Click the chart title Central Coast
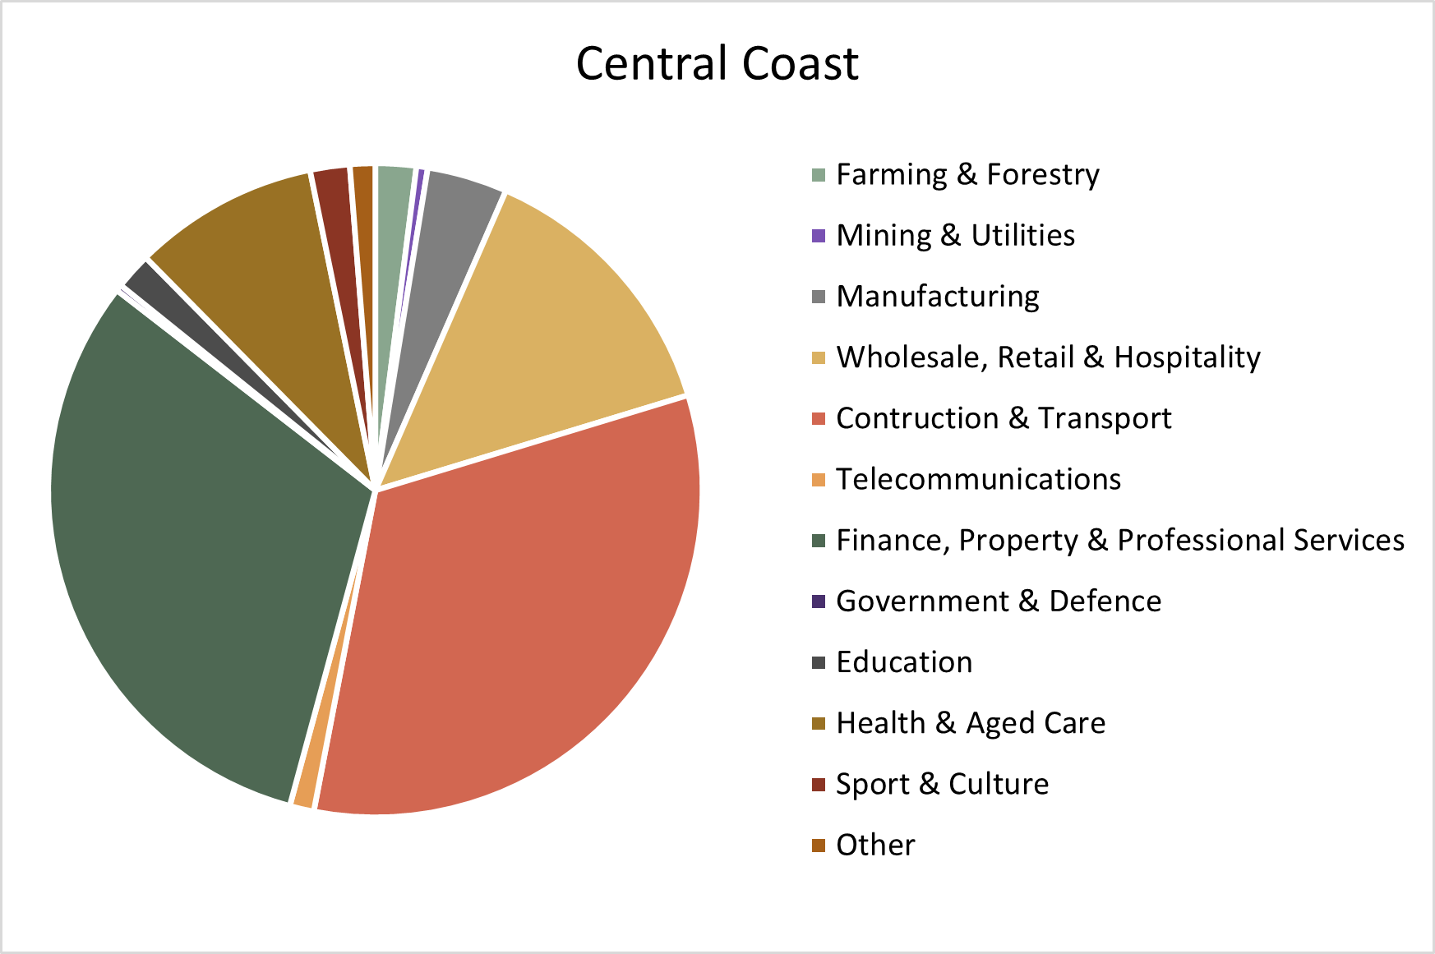(717, 63)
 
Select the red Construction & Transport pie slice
(526, 624)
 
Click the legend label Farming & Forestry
(967, 174)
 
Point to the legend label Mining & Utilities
(955, 236)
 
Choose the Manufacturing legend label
(937, 297)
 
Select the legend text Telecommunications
(978, 479)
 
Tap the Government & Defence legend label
(999, 601)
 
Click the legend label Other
(875, 845)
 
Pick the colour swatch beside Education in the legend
(818, 662)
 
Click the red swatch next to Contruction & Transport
(818, 418)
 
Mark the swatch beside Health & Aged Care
(818, 723)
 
